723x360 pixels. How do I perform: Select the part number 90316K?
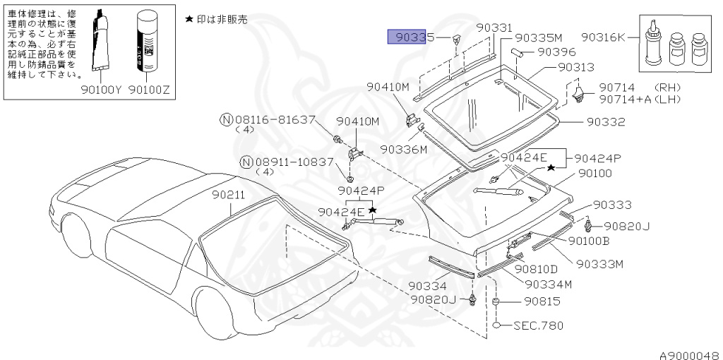pos(603,37)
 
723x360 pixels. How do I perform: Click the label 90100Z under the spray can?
pos(151,90)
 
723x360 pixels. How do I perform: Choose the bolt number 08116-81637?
pos(274,119)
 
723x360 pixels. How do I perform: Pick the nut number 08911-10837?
pos(293,162)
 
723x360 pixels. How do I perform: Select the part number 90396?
pos(556,52)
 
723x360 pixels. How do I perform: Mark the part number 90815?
pos(542,301)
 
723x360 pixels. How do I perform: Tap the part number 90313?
pos(576,67)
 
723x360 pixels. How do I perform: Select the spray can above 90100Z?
pos(149,42)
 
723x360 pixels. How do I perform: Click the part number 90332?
pos(606,121)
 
